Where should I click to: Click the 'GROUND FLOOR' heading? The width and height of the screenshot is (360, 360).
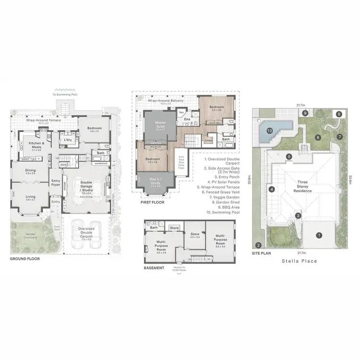click(24, 259)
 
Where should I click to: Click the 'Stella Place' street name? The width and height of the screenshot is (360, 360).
click(300, 262)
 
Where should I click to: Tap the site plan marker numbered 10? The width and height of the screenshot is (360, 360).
click(270, 130)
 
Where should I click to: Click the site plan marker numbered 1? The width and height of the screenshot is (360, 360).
click(319, 235)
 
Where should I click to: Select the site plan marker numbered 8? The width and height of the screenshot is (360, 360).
click(339, 114)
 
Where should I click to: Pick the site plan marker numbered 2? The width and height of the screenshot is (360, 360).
click(258, 245)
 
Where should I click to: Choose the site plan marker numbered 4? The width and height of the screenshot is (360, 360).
click(271, 189)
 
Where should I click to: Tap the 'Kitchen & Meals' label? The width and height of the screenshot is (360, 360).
click(36, 145)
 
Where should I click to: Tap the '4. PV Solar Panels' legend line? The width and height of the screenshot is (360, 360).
click(220, 181)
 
